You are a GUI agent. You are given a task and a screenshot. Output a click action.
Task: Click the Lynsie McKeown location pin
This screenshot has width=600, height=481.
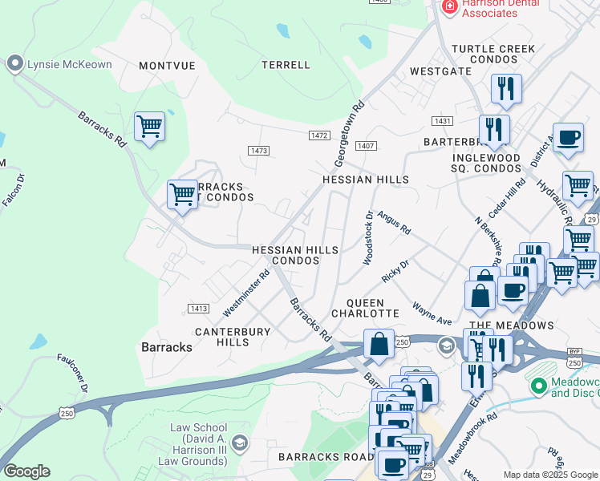point(14,64)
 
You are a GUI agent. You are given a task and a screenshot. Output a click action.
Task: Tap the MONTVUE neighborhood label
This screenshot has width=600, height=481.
point(167,66)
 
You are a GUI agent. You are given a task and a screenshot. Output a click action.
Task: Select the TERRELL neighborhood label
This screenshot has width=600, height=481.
point(286,65)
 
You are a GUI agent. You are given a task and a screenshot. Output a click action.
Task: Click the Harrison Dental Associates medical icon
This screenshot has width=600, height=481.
point(450,6)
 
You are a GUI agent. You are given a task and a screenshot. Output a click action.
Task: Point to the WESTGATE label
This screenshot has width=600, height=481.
point(440,71)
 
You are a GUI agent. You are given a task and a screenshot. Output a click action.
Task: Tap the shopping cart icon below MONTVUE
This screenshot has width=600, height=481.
point(149,127)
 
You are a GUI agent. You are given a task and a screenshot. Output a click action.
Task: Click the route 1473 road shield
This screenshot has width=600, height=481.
point(258,151)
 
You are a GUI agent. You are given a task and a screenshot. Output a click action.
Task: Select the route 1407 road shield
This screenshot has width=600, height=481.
point(366,146)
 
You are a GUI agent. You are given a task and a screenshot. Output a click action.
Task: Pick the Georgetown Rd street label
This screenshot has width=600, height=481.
point(350,128)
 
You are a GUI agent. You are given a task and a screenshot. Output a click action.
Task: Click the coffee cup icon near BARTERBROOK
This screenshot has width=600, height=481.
point(568,137)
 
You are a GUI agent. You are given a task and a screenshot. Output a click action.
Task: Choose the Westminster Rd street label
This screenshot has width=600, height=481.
point(246,293)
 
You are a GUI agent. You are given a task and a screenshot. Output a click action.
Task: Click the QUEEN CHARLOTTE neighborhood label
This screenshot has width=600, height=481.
point(365,307)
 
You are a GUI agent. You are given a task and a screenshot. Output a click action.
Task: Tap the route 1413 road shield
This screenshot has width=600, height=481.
point(198,308)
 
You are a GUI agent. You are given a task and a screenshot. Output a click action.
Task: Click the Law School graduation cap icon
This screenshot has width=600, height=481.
point(238,443)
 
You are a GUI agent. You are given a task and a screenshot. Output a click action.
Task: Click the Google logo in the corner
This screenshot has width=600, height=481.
point(26,471)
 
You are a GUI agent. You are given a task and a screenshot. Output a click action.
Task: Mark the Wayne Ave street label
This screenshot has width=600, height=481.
point(432,313)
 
